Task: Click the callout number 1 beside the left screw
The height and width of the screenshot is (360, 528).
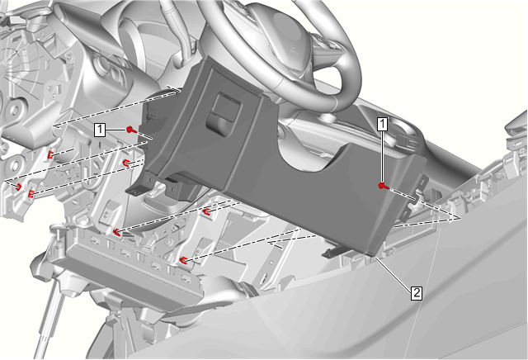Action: click(100, 130)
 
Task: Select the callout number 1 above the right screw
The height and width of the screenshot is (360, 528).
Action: click(382, 124)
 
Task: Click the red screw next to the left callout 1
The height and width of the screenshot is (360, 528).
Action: click(131, 130)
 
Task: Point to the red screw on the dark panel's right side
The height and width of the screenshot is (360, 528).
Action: click(383, 186)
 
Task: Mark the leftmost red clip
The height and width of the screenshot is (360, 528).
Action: click(19, 186)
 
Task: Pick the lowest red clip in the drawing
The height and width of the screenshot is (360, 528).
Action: click(183, 259)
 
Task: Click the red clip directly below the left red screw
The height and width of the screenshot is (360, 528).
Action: click(127, 163)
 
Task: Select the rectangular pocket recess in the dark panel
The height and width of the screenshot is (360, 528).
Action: click(224, 113)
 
